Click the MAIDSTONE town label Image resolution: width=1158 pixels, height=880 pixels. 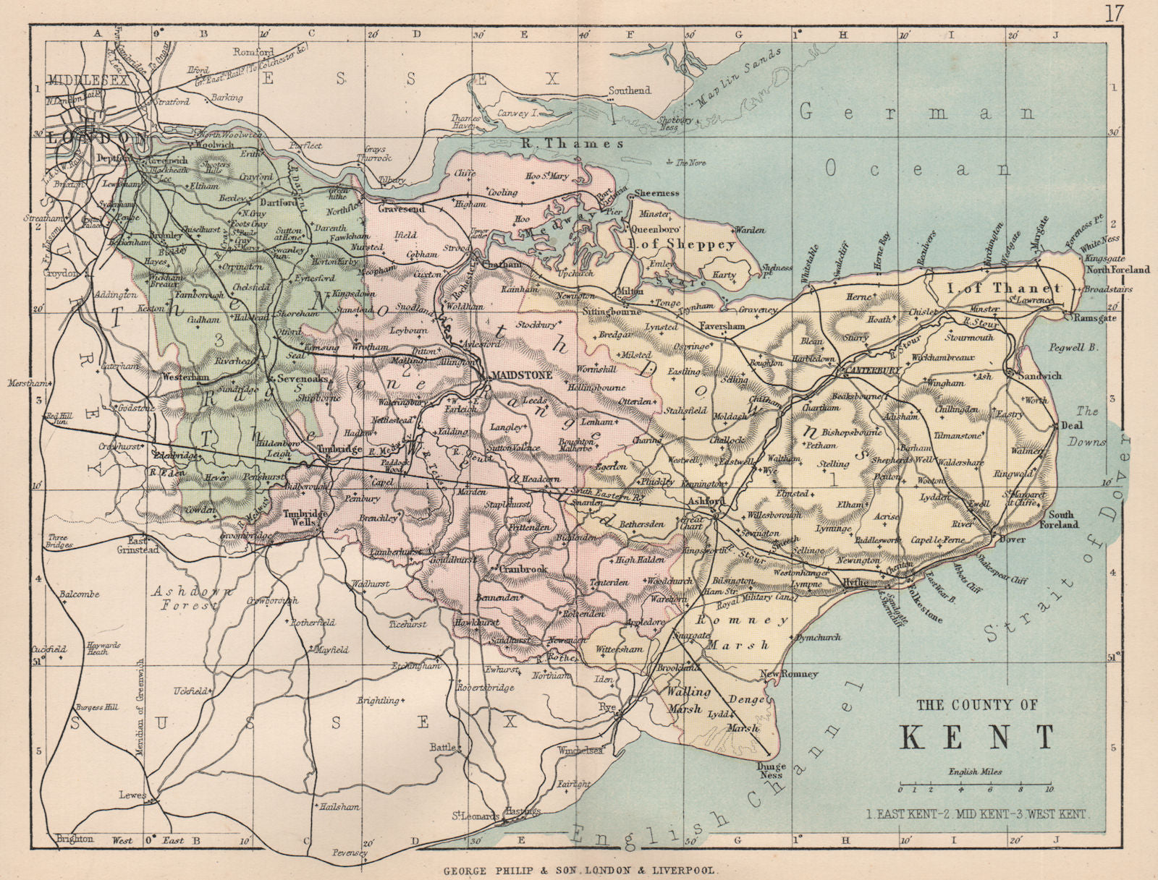point(521,375)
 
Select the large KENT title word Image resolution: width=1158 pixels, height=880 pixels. point(977,737)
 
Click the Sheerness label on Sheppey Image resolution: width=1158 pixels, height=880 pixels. point(656,193)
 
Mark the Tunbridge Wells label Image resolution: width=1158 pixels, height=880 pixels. point(300,519)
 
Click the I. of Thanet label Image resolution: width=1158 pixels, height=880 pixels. point(1005,288)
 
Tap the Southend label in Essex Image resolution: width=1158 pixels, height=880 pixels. point(629,90)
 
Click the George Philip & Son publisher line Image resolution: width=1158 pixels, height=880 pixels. point(579,871)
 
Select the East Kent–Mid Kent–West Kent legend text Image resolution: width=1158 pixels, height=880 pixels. point(977,814)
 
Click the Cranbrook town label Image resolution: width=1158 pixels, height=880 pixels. point(522,569)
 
